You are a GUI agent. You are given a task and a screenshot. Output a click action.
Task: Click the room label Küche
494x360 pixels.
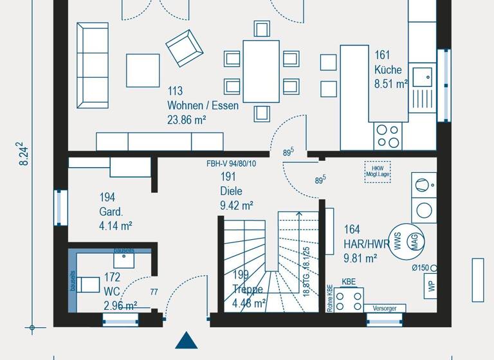pos(388,69)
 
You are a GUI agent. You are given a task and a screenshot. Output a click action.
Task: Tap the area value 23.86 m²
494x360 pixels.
pos(187,120)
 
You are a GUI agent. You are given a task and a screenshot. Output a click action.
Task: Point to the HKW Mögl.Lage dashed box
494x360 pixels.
pos(377,171)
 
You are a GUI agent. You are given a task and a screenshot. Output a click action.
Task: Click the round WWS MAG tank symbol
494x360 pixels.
pos(406,241)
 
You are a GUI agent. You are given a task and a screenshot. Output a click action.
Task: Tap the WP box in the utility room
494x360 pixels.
pos(430,286)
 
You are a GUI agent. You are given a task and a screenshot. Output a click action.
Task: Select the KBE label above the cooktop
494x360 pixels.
pos(348,282)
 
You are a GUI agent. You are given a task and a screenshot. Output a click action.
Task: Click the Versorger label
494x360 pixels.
pos(385,309)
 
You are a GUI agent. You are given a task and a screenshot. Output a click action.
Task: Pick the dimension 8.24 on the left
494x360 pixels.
pos(24,154)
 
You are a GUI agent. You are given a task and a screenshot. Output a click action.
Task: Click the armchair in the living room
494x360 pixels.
pos(183,48)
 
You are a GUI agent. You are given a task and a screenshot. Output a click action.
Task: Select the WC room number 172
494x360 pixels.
pos(112,277)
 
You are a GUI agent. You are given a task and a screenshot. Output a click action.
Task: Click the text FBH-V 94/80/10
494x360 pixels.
pos(231,164)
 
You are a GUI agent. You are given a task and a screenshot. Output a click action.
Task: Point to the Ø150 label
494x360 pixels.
pos(421,268)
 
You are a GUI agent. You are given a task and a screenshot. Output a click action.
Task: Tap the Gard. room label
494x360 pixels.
pos(111,212)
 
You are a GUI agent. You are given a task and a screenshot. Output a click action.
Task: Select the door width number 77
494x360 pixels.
pos(154,292)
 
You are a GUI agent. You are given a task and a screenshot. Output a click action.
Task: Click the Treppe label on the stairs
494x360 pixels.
pos(248,289)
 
